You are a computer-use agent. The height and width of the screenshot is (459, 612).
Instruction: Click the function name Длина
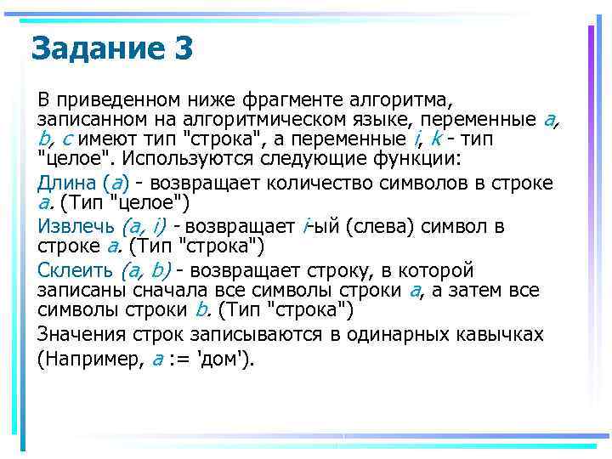point(66,182)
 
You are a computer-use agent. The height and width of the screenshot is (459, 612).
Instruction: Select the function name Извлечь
point(76,227)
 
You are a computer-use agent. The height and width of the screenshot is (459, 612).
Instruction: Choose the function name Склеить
point(76,271)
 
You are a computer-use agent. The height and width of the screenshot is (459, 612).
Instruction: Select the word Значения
point(80,334)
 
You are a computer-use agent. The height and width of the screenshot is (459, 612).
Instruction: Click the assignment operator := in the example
point(179,359)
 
